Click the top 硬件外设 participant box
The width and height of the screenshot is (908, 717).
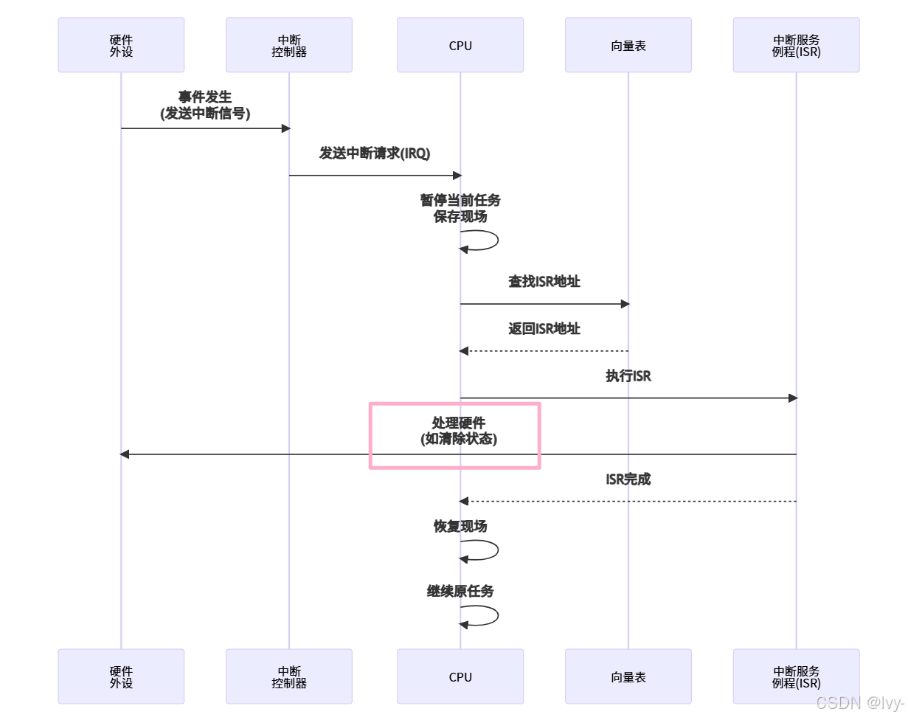coord(121,46)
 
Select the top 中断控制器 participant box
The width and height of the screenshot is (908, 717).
coord(289,46)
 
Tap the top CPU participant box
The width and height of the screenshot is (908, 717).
coord(460,46)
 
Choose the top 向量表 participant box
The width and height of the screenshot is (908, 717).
coord(628,46)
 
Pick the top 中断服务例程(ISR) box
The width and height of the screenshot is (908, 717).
coord(796,46)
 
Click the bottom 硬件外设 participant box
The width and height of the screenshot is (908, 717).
coord(121,676)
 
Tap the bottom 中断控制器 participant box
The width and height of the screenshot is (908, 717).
coord(289,676)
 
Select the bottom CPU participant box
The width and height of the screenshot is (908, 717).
coord(460,676)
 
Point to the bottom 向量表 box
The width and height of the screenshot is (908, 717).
coord(628,676)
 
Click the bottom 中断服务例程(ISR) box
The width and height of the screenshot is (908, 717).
coord(796,676)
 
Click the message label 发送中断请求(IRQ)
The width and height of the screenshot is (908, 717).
coord(375,153)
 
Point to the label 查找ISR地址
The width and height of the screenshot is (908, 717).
coord(544,282)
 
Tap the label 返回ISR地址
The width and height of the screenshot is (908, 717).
coord(544,329)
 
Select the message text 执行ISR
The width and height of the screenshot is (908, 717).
coord(628,376)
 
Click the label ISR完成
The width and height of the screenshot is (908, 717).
coord(628,479)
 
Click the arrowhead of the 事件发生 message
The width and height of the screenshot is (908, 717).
coord(286,128)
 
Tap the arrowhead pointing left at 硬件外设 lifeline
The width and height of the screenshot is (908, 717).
coord(125,454)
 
